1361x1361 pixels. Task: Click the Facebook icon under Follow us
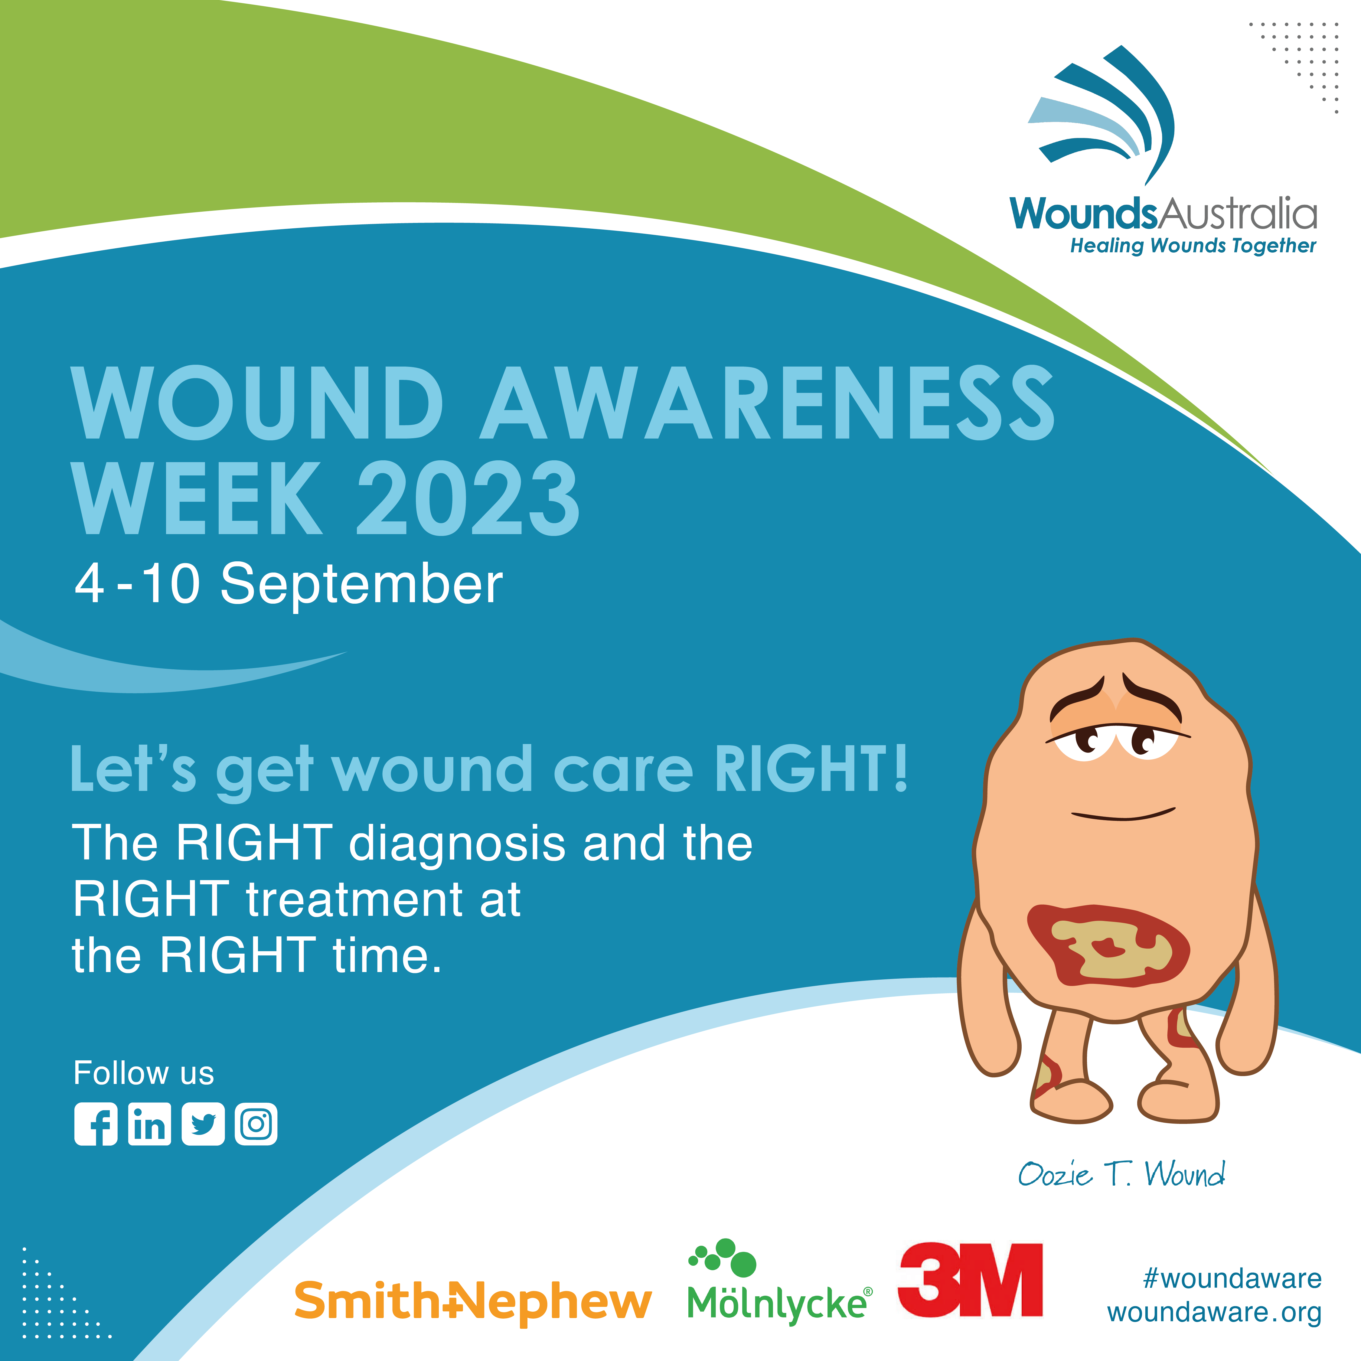[x=96, y=1124]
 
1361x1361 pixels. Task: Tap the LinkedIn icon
[x=149, y=1124]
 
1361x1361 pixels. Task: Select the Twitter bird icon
[x=203, y=1124]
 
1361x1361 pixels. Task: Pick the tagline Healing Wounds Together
[x=1193, y=246]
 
